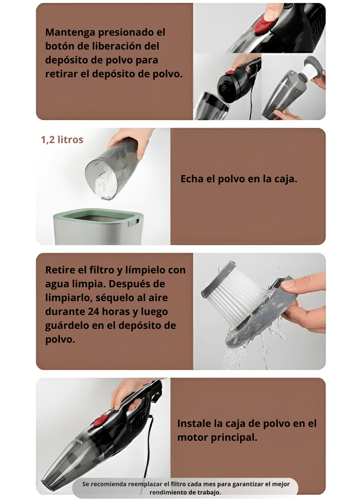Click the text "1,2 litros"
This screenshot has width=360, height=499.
[62, 139]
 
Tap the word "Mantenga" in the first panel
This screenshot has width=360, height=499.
[70, 32]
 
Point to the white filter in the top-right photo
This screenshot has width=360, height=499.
[308, 71]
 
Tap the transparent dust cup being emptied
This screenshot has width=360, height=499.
[113, 169]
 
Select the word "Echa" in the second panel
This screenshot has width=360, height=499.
[192, 179]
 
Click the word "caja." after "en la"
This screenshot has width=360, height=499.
[285, 179]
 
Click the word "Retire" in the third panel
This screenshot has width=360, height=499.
[62, 270]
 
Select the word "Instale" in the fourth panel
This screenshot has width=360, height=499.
[194, 423]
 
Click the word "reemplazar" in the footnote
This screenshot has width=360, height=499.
[145, 484]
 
